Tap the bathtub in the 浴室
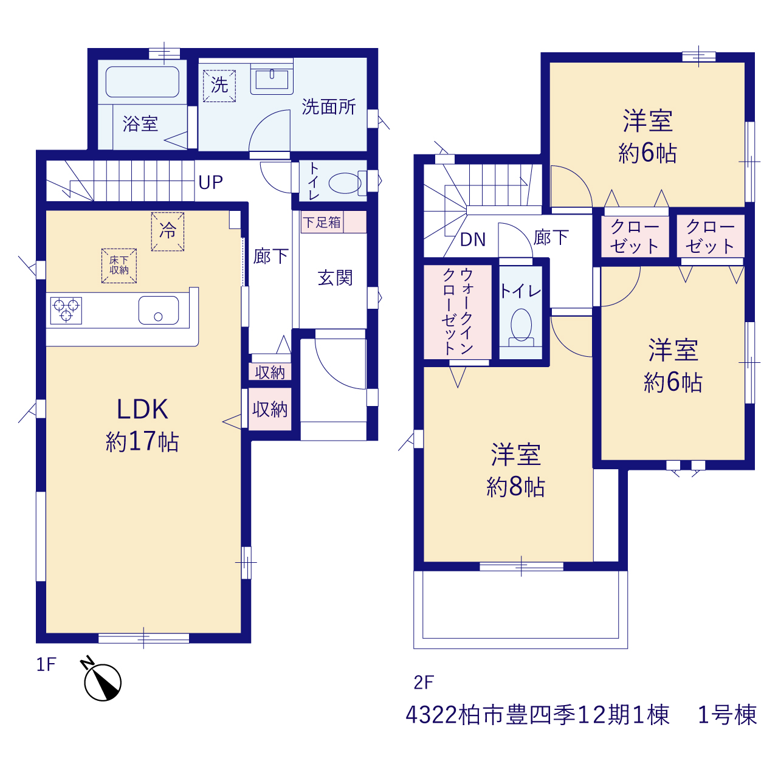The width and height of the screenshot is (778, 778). tap(142, 82)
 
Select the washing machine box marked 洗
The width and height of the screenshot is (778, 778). tap(219, 86)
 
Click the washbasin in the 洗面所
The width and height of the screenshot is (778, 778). tap(272, 79)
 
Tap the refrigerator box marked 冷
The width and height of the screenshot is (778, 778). tap(168, 232)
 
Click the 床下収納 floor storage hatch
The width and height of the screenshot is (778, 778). tap(119, 266)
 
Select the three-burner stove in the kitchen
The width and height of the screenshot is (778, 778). tap(66, 311)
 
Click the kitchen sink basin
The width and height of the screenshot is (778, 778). tap(159, 310)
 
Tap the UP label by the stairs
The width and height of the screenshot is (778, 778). tap(211, 183)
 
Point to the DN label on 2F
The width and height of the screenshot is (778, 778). tap(473, 240)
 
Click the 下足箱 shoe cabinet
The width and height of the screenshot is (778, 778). tap(334, 222)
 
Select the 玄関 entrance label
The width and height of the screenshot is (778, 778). tap(335, 278)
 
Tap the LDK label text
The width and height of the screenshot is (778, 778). tap(142, 410)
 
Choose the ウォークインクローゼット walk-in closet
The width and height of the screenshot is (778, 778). tap(458, 312)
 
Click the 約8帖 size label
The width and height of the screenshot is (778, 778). tap(515, 486)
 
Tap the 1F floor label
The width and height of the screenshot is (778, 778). tap(46, 664)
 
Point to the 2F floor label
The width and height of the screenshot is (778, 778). tap(424, 683)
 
